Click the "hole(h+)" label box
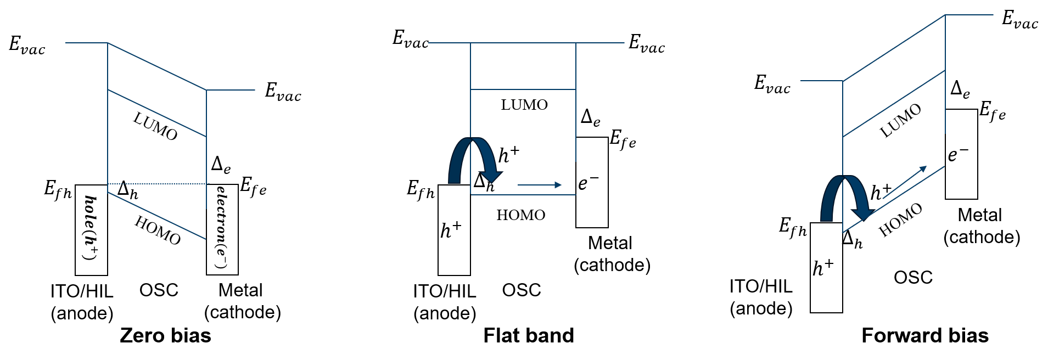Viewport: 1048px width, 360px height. [91, 229]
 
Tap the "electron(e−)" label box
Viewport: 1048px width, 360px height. [222, 229]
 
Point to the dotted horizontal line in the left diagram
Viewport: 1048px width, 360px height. [157, 184]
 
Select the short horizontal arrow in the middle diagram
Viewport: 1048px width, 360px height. [540, 185]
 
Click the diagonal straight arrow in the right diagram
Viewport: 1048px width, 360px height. [904, 182]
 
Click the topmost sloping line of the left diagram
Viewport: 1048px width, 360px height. [157, 66]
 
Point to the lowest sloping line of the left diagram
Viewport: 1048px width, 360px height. [157, 216]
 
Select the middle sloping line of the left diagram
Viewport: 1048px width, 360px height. [157, 113]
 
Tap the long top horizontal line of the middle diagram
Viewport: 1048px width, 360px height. [526, 43]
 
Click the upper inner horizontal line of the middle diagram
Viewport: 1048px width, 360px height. [523, 89]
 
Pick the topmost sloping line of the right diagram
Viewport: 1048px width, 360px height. [894, 48]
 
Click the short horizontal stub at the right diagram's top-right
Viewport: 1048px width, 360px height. [969, 15]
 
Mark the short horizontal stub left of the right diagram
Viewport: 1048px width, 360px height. [821, 81]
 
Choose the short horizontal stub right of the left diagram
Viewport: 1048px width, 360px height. [231, 90]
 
